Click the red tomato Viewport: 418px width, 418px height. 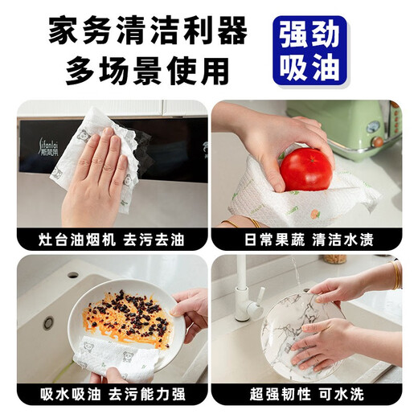coord(305,168)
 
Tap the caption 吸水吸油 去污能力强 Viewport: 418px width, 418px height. coord(111,395)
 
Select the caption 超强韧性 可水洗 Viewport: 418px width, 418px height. coord(305,395)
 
